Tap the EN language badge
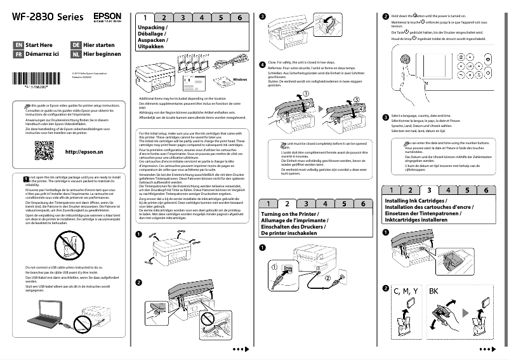tap(18, 46)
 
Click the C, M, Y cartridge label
tap(406, 291)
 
